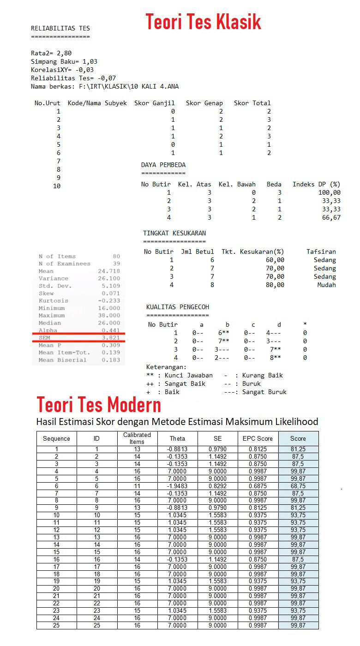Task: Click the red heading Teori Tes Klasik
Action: point(204,21)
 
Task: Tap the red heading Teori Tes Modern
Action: point(99,405)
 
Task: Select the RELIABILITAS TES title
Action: point(60,28)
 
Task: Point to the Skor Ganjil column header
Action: point(154,103)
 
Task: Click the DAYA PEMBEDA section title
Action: point(163,165)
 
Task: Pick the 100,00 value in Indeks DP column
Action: point(329,192)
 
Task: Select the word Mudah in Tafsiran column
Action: point(326,285)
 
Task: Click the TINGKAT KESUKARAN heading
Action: point(174,233)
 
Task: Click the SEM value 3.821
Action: point(111,338)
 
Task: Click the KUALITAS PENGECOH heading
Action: point(178,307)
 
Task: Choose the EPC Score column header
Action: point(258,438)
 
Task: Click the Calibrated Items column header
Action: point(137,438)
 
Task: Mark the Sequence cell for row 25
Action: point(56,625)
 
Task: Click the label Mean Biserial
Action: point(62,360)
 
